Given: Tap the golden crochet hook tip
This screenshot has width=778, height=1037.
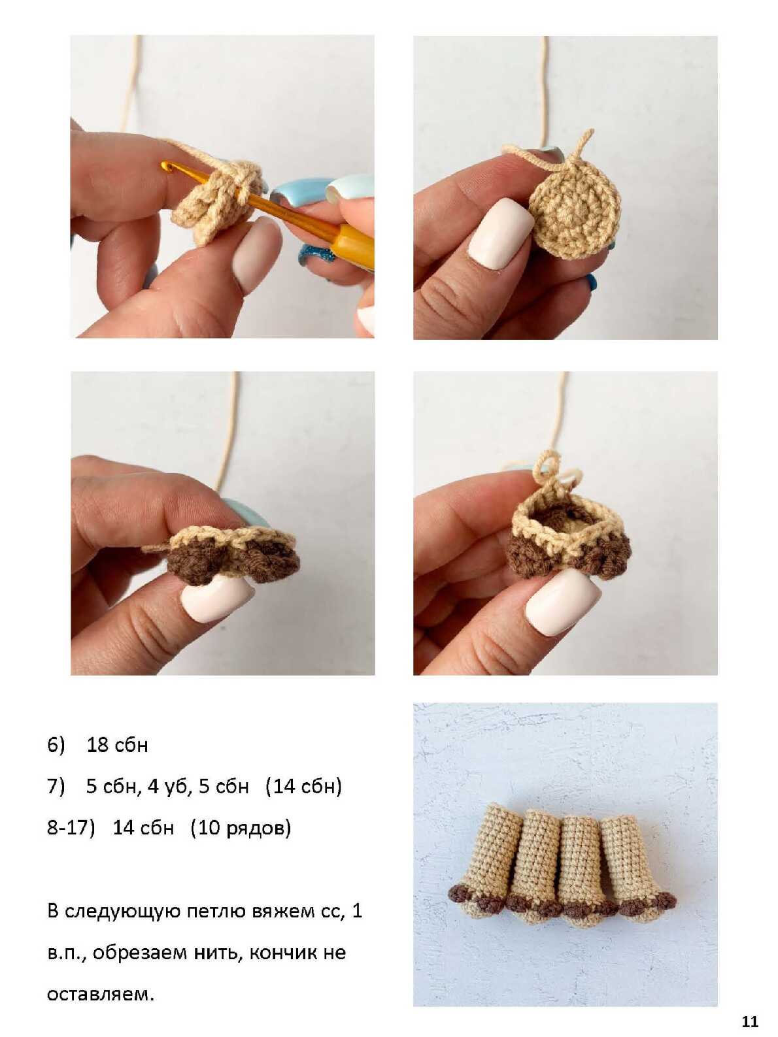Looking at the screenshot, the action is click(x=165, y=165).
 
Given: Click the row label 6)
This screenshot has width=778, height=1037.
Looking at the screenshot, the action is click(x=56, y=745).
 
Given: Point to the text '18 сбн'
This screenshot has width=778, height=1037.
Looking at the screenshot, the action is click(x=117, y=745).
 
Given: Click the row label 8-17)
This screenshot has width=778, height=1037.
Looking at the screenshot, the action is click(x=71, y=828).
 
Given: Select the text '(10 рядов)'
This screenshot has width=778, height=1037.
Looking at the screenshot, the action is click(x=241, y=828).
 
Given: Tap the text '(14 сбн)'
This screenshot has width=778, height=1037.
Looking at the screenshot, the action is click(x=303, y=787).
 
